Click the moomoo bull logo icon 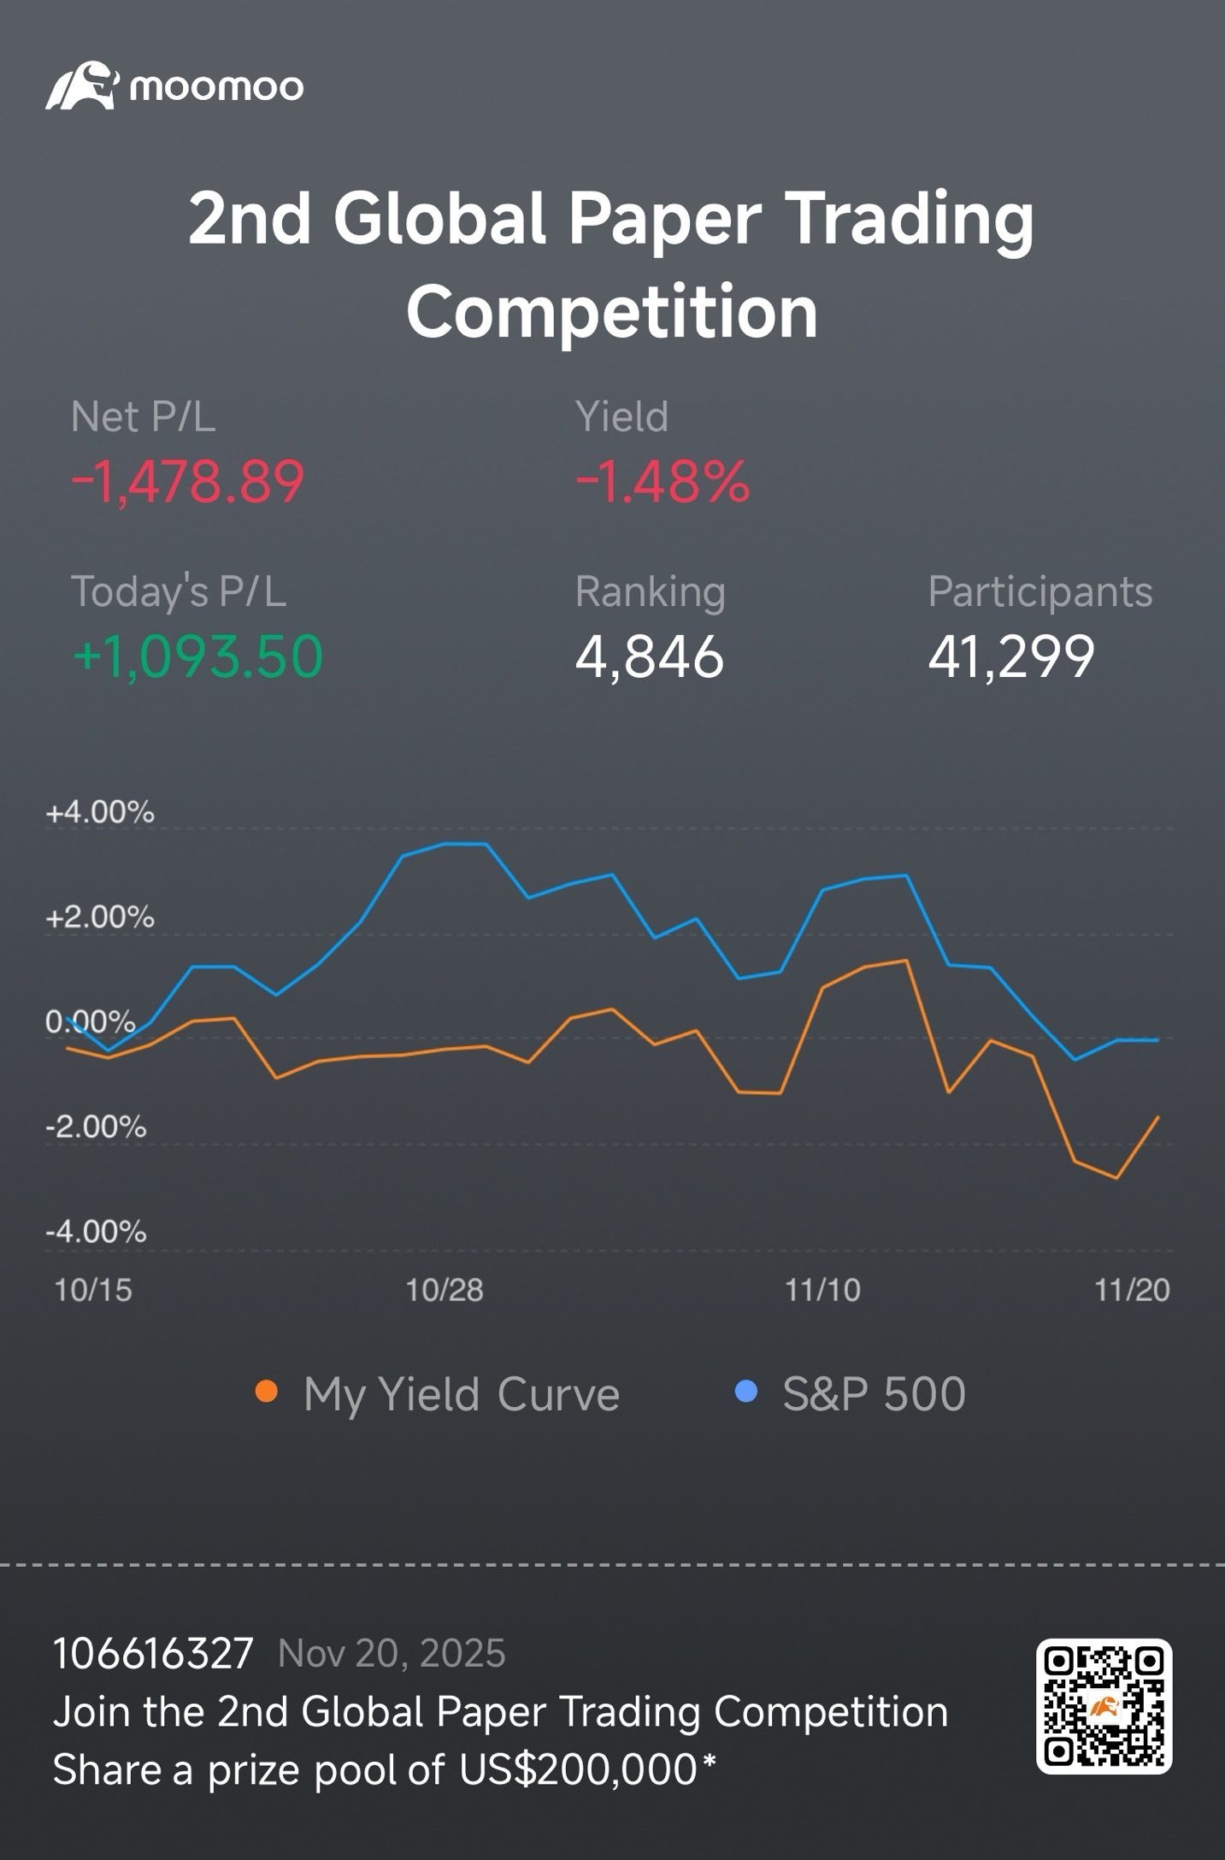[81, 85]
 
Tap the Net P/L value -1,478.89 [187, 481]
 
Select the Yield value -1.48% [663, 481]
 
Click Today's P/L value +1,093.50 [197, 656]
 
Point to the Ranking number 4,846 [650, 656]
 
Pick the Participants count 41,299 [1011, 656]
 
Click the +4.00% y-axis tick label [100, 812]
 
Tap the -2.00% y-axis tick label [96, 1127]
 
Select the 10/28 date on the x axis [445, 1290]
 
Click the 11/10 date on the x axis [822, 1290]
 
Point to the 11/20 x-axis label [1132, 1290]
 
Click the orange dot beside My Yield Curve [267, 1392]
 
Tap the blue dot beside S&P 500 [746, 1392]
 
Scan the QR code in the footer [1104, 1706]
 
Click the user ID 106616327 [153, 1654]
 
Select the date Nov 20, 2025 [392, 1654]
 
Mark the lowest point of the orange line [1116, 1179]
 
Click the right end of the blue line [1158, 1040]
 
